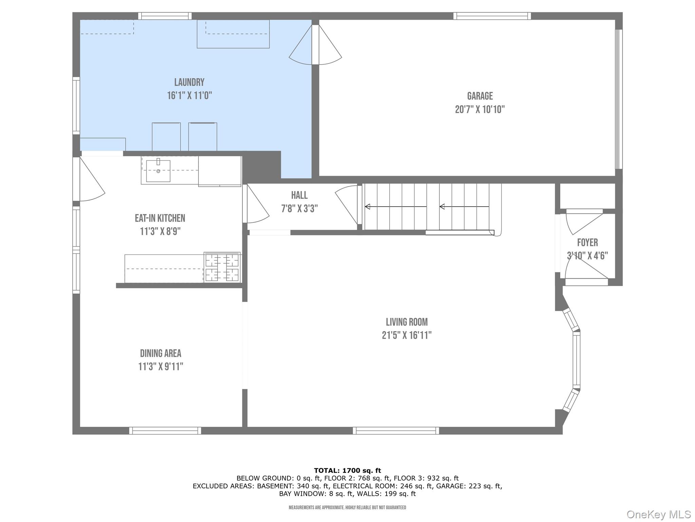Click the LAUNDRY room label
pyautogui.click(x=189, y=82)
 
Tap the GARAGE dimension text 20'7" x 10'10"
pyautogui.click(x=480, y=109)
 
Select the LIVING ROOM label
pyautogui.click(x=407, y=322)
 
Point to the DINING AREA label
pyautogui.click(x=161, y=353)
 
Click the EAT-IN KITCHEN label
pyautogui.click(x=160, y=218)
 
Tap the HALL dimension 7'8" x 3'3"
pyautogui.click(x=299, y=208)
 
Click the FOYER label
pyautogui.click(x=587, y=242)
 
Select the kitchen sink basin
pyautogui.click(x=158, y=171)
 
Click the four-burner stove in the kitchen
pyautogui.click(x=222, y=267)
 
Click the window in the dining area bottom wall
pyautogui.click(x=165, y=431)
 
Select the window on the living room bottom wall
pyautogui.click(x=396, y=431)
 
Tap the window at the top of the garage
pyautogui.click(x=492, y=16)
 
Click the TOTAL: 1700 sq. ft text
pyautogui.click(x=347, y=470)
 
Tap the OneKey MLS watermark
pyautogui.click(x=658, y=514)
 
